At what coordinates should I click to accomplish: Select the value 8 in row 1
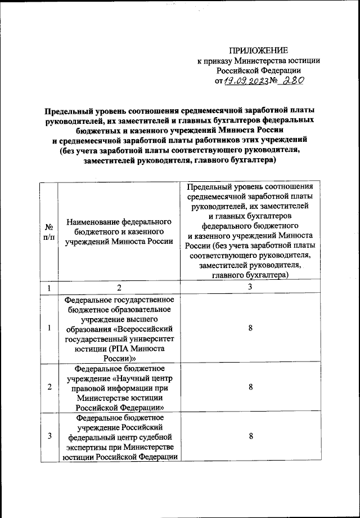[x=250, y=329]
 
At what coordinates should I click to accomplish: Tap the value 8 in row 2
[x=250, y=388]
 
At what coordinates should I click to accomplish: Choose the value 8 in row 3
[x=250, y=436]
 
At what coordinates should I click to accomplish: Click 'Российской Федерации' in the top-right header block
[x=259, y=70]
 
